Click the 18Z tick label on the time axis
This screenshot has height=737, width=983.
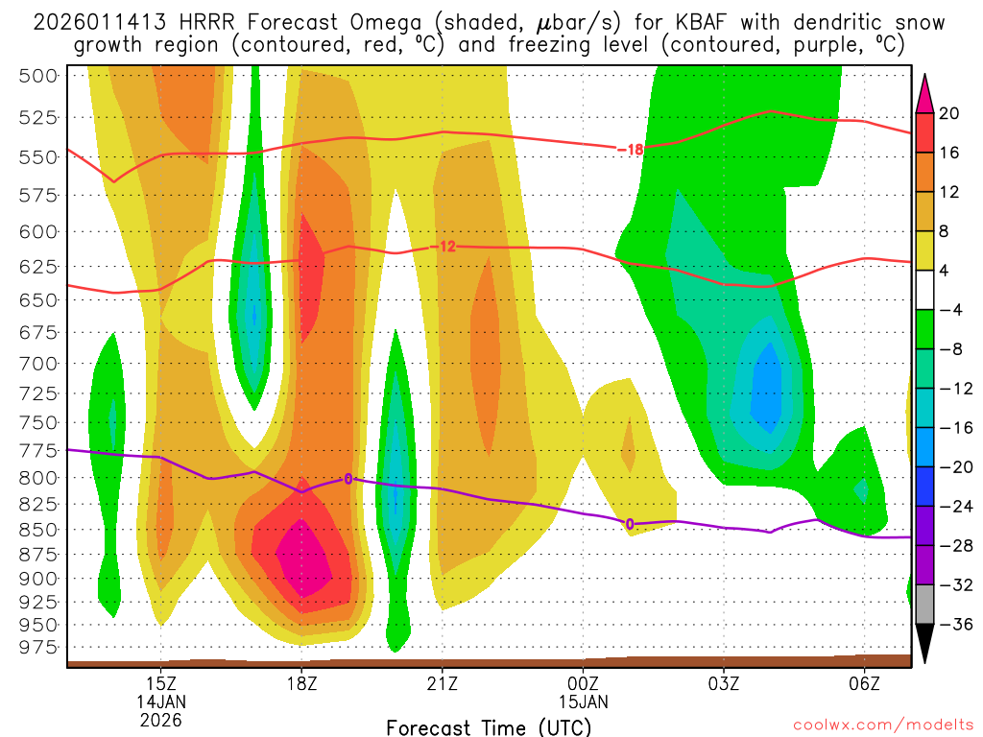click(x=301, y=682)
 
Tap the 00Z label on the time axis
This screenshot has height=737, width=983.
click(x=583, y=682)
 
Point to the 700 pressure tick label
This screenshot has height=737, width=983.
click(x=38, y=363)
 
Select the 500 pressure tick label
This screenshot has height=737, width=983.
click(x=38, y=76)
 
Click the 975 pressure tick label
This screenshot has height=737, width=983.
click(x=38, y=648)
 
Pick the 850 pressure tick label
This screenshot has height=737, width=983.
click(x=38, y=529)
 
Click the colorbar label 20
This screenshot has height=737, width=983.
click(x=949, y=113)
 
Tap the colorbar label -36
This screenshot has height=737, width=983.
click(x=949, y=624)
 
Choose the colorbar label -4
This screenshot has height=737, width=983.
click(x=949, y=309)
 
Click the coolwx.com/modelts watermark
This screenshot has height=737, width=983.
click(x=881, y=726)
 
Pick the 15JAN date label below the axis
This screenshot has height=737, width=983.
click(x=583, y=701)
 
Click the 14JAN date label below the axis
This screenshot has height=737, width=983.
click(x=161, y=701)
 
